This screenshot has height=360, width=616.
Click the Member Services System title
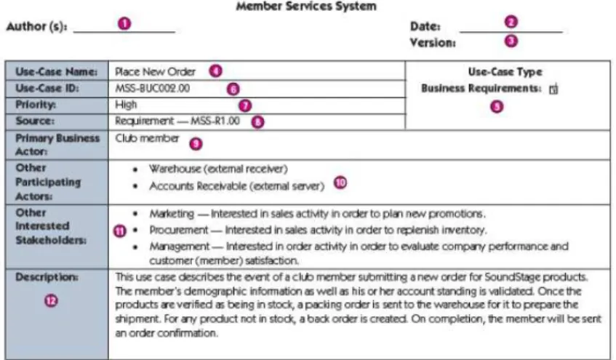tap(306, 7)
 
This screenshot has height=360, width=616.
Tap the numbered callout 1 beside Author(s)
tap(124, 23)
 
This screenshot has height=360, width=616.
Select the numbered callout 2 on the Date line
tap(511, 22)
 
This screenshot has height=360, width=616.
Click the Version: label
tap(433, 42)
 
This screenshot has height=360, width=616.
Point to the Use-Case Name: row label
tap(56, 72)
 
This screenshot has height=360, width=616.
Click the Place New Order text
tap(155, 72)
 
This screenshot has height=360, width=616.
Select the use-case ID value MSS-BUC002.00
tap(153, 88)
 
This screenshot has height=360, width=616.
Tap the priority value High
tap(126, 105)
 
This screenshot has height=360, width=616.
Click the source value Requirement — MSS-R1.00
tap(177, 121)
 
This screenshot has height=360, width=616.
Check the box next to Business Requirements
tap(553, 89)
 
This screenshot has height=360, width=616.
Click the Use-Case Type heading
tap(505, 72)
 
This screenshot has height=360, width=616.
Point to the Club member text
tap(147, 138)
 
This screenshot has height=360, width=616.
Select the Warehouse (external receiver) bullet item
tap(218, 169)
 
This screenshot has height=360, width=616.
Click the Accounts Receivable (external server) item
tap(237, 186)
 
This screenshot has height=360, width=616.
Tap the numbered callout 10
tap(340, 183)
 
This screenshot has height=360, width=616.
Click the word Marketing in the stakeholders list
tap(172, 214)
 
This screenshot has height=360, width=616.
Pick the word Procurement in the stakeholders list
tap(178, 230)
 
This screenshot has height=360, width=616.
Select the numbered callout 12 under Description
tap(51, 301)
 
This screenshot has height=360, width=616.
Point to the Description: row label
tap(47, 277)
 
